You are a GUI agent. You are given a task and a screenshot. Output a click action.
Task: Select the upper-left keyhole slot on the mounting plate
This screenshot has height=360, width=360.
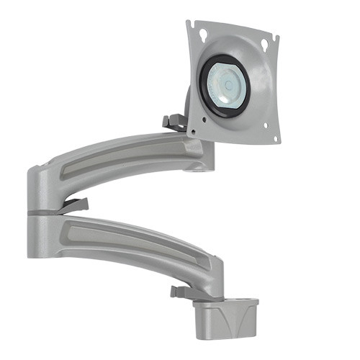[x=203, y=32]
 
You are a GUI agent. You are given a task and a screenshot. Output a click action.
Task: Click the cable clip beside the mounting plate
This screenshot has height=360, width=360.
[x=172, y=122]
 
